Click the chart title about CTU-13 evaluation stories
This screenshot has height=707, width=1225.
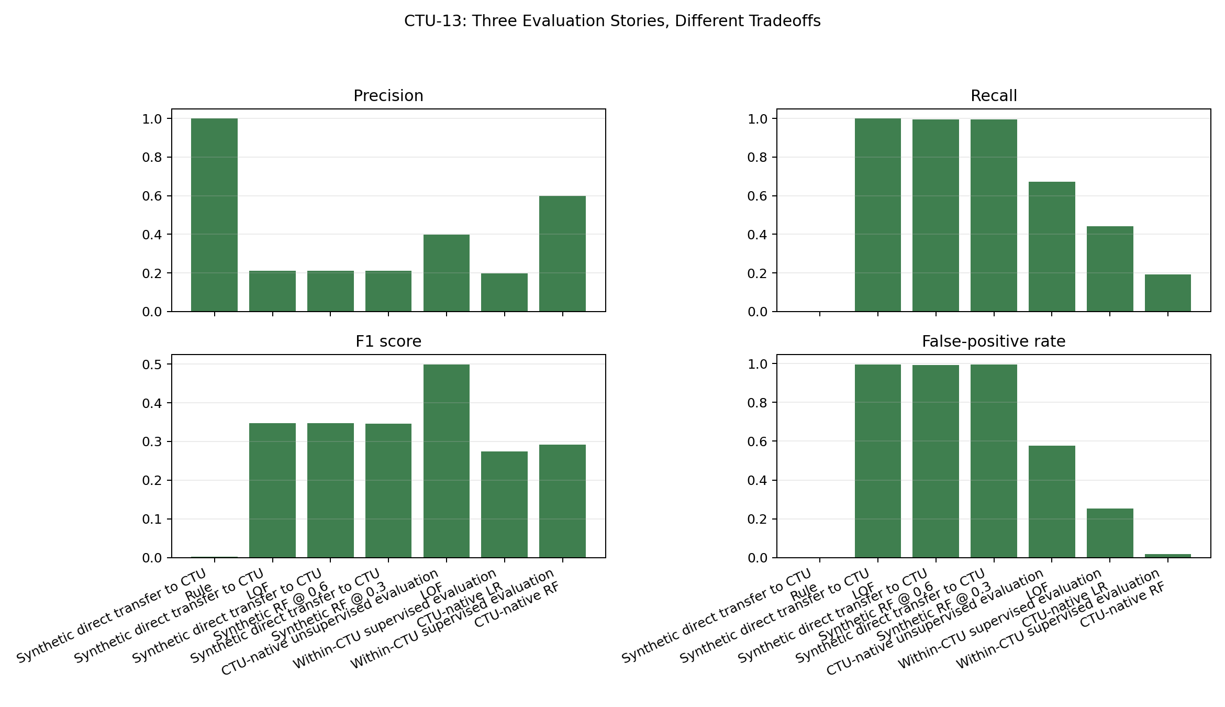(612, 21)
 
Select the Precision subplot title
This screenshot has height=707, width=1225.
(388, 96)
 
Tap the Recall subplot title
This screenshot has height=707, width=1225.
(994, 96)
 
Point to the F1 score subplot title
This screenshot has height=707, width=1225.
(388, 341)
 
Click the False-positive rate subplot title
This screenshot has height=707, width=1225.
(994, 341)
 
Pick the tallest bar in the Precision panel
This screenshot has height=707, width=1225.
(214, 215)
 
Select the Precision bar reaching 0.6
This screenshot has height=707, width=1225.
(562, 254)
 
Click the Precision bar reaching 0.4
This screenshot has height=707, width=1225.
(446, 273)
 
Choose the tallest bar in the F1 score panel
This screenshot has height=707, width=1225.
(446, 461)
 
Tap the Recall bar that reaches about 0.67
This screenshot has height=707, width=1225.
(1052, 247)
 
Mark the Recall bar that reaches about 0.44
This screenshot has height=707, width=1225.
(1110, 269)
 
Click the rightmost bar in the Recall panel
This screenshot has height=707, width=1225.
(1167, 293)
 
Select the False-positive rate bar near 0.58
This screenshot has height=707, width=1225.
(1052, 501)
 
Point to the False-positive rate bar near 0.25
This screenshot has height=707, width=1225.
(1110, 533)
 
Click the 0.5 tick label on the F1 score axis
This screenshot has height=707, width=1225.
(152, 364)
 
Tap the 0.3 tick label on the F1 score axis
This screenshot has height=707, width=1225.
(152, 442)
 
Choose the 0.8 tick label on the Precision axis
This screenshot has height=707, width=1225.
(152, 158)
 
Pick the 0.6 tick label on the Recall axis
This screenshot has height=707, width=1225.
(758, 196)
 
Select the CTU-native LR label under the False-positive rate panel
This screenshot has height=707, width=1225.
(1065, 605)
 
